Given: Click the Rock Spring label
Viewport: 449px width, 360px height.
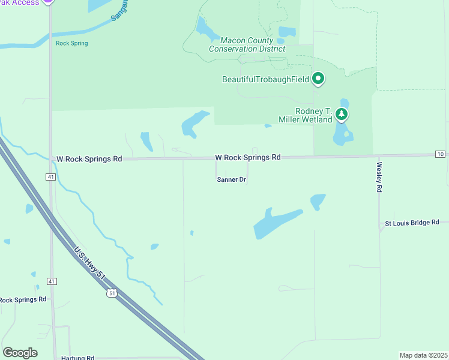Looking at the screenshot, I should [71, 43].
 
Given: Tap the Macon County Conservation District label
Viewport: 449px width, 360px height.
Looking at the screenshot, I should [247, 44].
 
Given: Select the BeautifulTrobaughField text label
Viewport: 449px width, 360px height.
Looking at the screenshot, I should [265, 79].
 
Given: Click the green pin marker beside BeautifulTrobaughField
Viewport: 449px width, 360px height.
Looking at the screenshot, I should [318, 79].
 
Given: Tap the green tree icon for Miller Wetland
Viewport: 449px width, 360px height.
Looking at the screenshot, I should [342, 113].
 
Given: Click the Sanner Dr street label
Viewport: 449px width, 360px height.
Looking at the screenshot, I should [231, 179].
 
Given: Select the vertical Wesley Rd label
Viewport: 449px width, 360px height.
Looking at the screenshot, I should [379, 176].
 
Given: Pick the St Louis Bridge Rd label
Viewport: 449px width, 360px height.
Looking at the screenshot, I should [412, 223].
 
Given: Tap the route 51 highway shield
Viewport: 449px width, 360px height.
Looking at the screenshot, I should [111, 293].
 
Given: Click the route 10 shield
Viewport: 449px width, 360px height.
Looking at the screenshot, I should [441, 155].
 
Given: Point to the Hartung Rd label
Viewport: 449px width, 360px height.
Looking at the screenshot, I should [77, 358].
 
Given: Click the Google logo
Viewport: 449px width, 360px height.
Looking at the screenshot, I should [20, 353].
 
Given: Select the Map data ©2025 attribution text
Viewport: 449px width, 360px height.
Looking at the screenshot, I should [423, 355].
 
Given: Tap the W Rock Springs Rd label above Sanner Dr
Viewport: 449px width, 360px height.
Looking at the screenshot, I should [248, 157].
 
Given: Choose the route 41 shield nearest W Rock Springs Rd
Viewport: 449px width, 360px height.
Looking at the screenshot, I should [51, 177].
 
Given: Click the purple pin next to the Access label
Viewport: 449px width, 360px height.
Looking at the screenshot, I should [49, 2].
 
